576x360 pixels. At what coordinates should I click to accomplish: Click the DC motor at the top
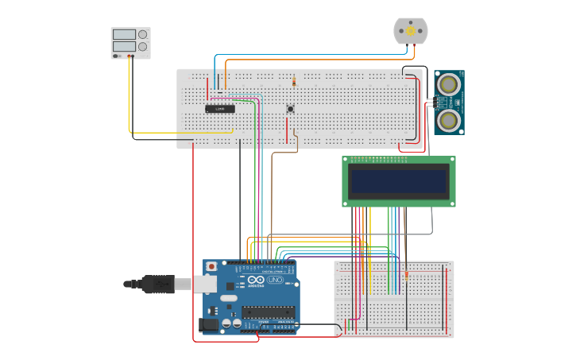click(x=410, y=31)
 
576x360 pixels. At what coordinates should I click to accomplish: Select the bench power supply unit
click(x=130, y=42)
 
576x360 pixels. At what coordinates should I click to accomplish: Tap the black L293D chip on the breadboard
click(x=220, y=108)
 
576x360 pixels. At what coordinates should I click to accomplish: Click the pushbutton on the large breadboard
click(x=290, y=109)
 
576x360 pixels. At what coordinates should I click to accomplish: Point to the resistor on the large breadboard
click(x=294, y=81)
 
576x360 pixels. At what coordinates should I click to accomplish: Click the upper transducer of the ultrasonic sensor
click(x=449, y=84)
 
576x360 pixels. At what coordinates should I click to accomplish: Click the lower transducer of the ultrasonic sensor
click(x=449, y=120)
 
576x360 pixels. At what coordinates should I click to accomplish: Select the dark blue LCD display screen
click(x=398, y=181)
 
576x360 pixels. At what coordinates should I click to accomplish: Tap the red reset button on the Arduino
click(x=211, y=266)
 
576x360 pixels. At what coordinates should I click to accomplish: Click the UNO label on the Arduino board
click(x=275, y=281)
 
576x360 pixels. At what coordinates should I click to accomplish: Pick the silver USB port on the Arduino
click(x=206, y=284)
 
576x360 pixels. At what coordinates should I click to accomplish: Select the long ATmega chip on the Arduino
click(x=268, y=312)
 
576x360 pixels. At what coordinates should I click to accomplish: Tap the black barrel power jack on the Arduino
click(x=207, y=324)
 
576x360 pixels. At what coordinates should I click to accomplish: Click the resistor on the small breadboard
click(x=407, y=276)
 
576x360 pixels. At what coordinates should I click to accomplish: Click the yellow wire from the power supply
click(x=130, y=95)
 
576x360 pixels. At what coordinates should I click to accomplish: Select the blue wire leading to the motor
click(x=318, y=55)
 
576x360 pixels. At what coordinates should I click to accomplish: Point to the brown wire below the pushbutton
click(x=273, y=191)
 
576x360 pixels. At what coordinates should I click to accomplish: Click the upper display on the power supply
click(x=124, y=34)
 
